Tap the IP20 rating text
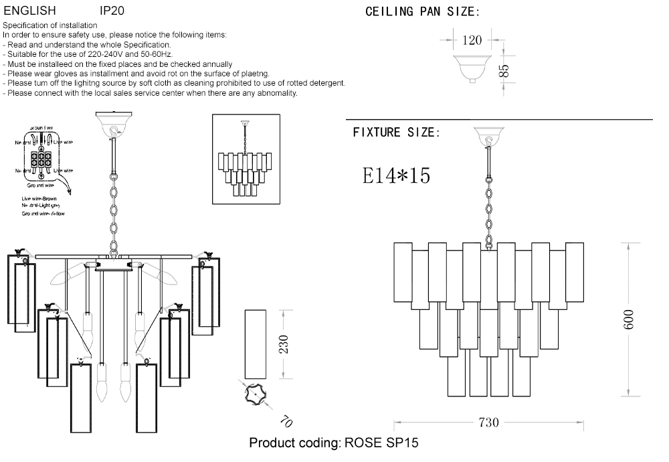click(x=112, y=11)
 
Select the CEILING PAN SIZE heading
click(x=422, y=12)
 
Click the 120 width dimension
click(x=472, y=40)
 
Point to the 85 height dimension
click(x=505, y=70)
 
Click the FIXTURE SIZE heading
click(x=396, y=133)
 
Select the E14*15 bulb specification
click(x=396, y=175)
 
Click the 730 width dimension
click(x=489, y=423)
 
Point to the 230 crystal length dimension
click(x=284, y=343)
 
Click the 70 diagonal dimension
click(x=286, y=421)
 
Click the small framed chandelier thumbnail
click(x=244, y=159)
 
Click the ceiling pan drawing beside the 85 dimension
click(x=472, y=68)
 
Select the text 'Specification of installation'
click(x=50, y=25)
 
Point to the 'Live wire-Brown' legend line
click(x=44, y=200)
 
